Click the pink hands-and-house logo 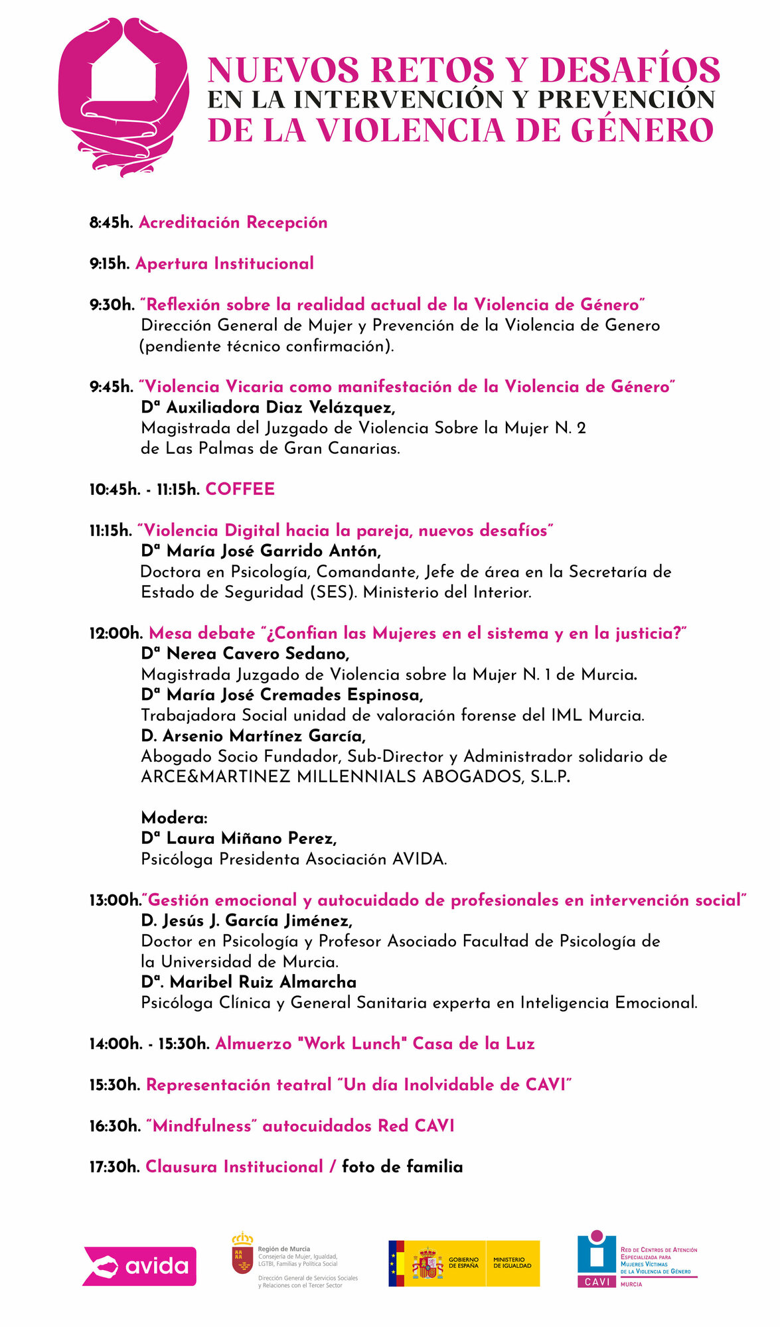pyautogui.click(x=123, y=97)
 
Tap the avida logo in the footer pyautogui.click(x=139, y=1266)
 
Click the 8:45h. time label pyautogui.click(x=112, y=223)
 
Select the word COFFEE pyautogui.click(x=240, y=490)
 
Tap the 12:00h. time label pyautogui.click(x=116, y=634)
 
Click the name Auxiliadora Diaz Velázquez pyautogui.click(x=280, y=407)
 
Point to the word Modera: pyautogui.click(x=175, y=818)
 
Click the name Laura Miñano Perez pyautogui.click(x=251, y=839)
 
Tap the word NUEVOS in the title pyautogui.click(x=284, y=70)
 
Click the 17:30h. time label pyautogui.click(x=115, y=1167)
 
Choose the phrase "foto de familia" pyautogui.click(x=402, y=1167)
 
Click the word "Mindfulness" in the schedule pyautogui.click(x=202, y=1126)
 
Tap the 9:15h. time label pyautogui.click(x=110, y=264)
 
